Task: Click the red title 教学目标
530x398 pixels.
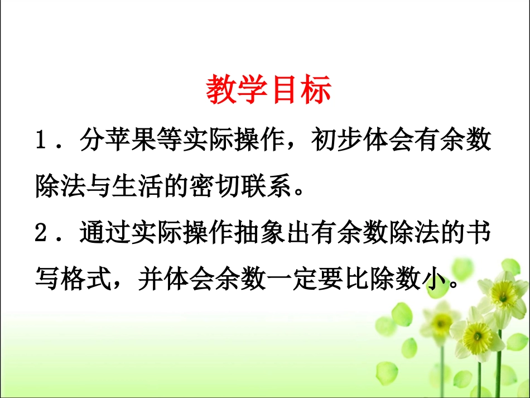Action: (x=269, y=90)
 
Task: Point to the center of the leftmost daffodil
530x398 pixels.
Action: (x=442, y=320)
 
